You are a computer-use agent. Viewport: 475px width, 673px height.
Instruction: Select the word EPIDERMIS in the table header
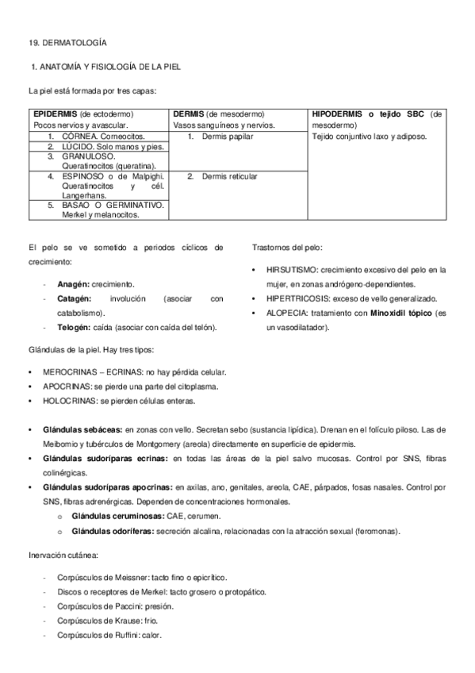click(x=55, y=114)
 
